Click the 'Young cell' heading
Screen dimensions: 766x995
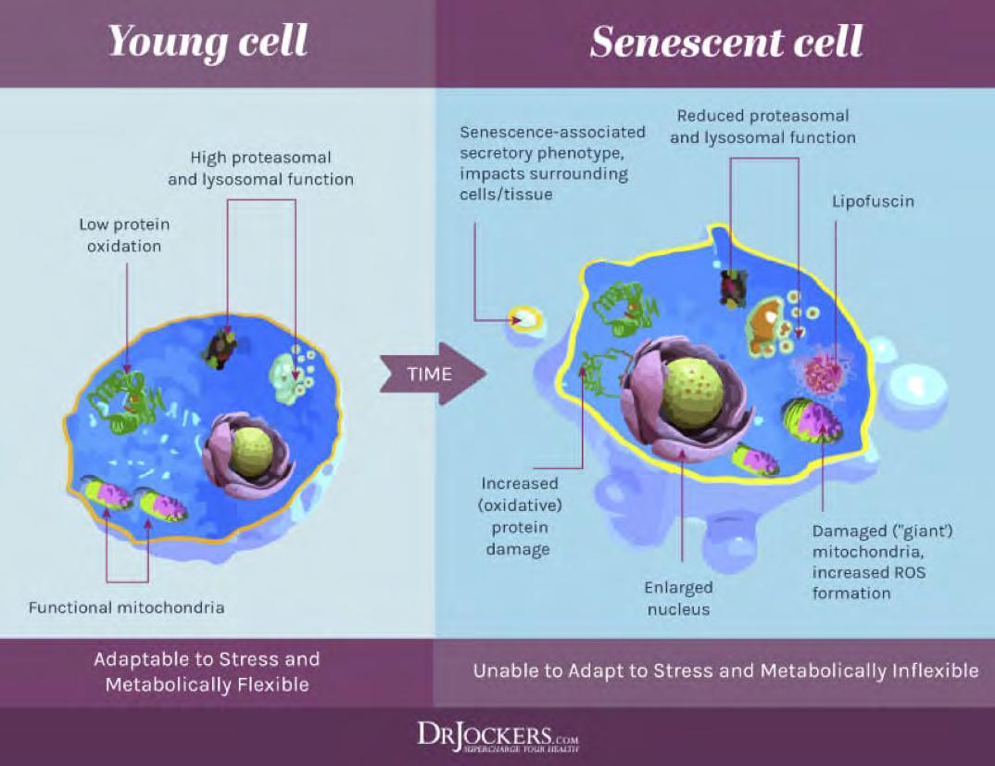click(208, 42)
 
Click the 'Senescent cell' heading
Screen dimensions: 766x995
click(726, 42)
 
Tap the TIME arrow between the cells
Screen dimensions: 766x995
click(431, 374)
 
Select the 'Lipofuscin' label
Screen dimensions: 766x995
click(872, 201)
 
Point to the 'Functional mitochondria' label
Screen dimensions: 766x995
click(126, 608)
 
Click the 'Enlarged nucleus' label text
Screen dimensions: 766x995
click(679, 598)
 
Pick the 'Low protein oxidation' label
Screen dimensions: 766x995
click(124, 235)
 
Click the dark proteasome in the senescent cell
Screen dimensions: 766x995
click(734, 286)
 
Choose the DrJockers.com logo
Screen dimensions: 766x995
click(497, 737)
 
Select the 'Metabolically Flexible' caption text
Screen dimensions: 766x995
click(207, 685)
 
